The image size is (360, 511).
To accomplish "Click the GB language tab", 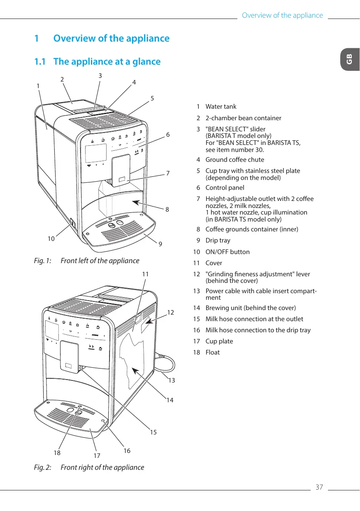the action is pos(350,59).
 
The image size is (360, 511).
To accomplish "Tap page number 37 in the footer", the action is pos(319,487).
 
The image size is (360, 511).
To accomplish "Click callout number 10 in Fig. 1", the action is pos(51,239).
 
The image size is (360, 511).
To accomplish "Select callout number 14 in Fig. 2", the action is pos(170,400).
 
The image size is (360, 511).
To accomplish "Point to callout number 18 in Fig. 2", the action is pos(57,453).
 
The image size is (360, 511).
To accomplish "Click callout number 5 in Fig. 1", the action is pos(152,98).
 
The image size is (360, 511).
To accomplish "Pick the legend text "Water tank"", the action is pos(221,107).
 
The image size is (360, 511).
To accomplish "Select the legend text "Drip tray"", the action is pos(218,240).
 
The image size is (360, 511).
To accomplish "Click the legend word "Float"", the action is pos(212,352).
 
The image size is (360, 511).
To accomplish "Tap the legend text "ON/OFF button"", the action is pos(228,252).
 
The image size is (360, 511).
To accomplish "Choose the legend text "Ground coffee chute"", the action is pos(235,160).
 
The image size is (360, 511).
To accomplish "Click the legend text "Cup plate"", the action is pos(219,341).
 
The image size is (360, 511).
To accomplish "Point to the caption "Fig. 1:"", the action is pos(43,261).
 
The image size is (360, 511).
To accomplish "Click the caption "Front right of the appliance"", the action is pos(102,467).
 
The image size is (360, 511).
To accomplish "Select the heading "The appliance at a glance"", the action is pos(107,62).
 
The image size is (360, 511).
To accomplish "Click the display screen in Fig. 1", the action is pos(96,153).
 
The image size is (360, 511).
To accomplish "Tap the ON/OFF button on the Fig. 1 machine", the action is pos(72,222).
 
